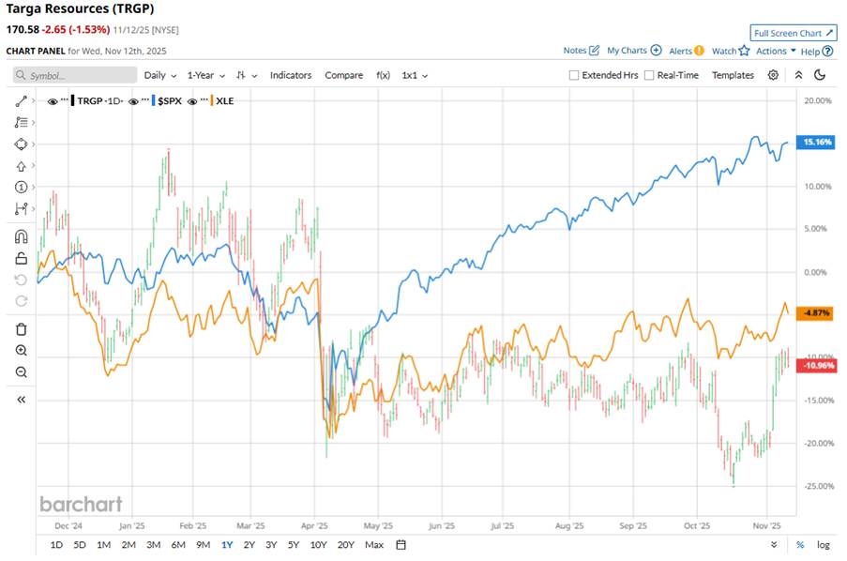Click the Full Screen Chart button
pos(794,32)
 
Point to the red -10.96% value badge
pos(813,365)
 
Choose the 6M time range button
pos(177,545)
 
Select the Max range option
pos(374,545)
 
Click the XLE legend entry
pos(224,100)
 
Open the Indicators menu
pos(292,75)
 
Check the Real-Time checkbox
pos(650,75)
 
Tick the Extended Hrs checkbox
pos(575,75)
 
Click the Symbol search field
pos(75,75)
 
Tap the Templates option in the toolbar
pos(733,75)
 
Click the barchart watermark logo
pos(81,504)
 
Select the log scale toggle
pos(824,545)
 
